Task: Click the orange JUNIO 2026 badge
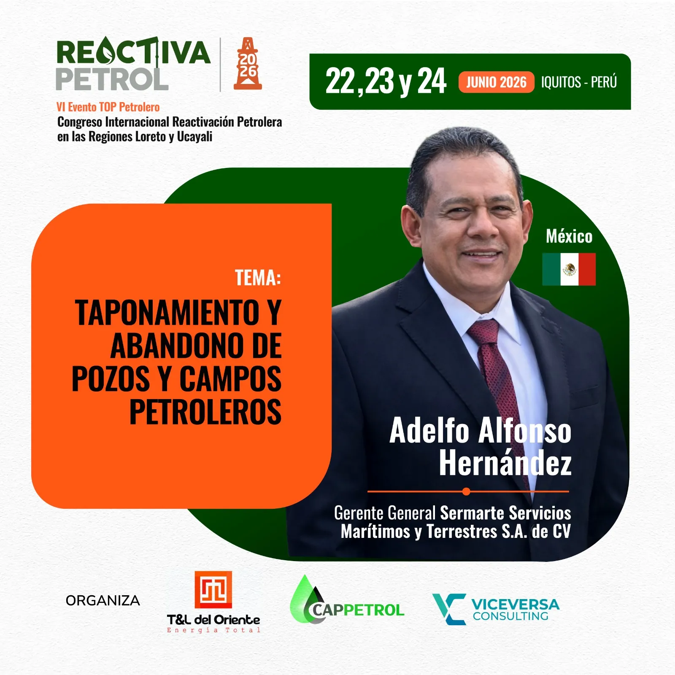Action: click(x=496, y=82)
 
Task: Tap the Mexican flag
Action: click(x=569, y=269)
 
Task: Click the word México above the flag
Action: click(x=569, y=236)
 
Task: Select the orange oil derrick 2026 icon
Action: click(x=248, y=64)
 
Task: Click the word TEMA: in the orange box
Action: click(x=258, y=278)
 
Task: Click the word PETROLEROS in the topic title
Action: click(x=205, y=412)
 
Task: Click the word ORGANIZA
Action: click(x=103, y=600)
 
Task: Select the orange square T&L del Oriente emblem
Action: click(x=213, y=589)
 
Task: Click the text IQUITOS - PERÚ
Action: click(x=579, y=82)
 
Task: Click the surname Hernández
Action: click(x=505, y=463)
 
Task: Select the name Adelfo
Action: click(x=429, y=431)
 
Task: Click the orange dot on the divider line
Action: click(x=466, y=491)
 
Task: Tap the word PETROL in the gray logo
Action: click(x=112, y=79)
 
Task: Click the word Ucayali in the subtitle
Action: click(x=194, y=137)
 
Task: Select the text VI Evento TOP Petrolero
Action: click(x=108, y=107)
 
